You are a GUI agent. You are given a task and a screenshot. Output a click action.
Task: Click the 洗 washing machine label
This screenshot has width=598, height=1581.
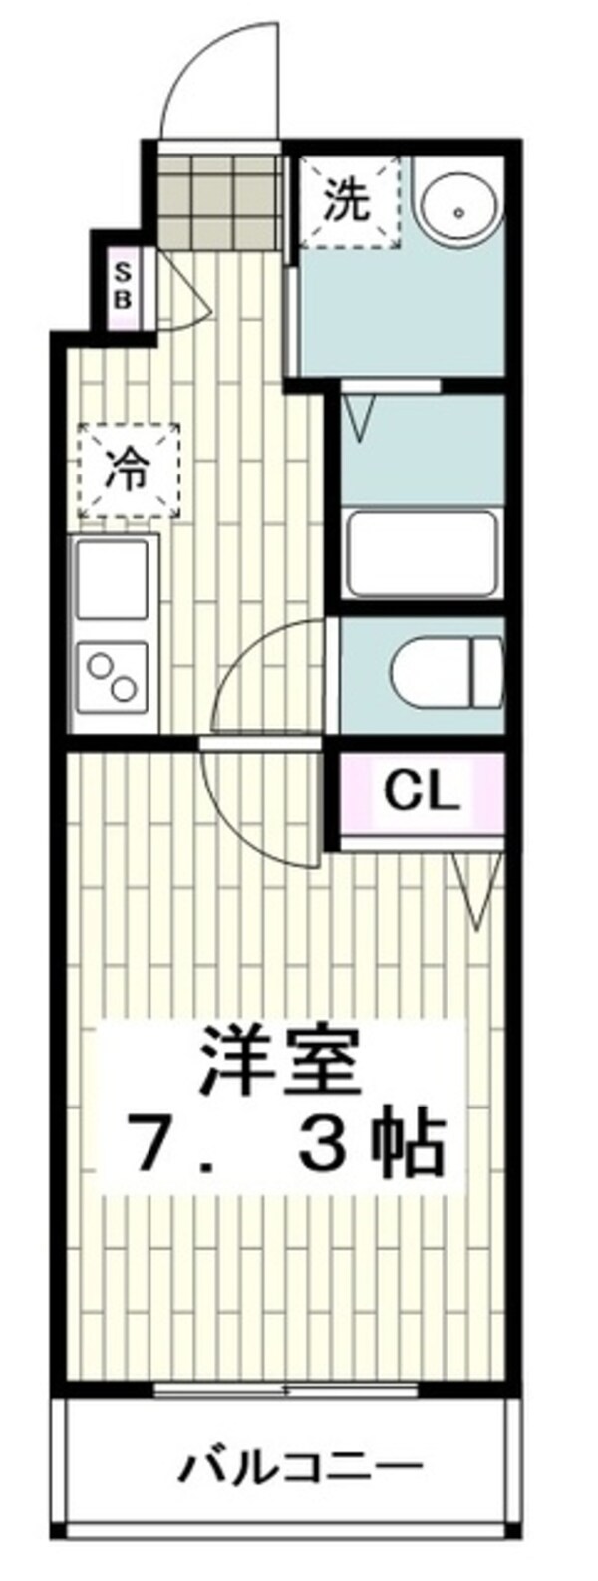pyautogui.click(x=350, y=202)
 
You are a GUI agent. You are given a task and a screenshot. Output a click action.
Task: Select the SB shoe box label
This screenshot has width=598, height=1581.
pyautogui.click(x=123, y=286)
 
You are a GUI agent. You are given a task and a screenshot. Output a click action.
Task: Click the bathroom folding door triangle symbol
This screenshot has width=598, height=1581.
pyautogui.click(x=358, y=415)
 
